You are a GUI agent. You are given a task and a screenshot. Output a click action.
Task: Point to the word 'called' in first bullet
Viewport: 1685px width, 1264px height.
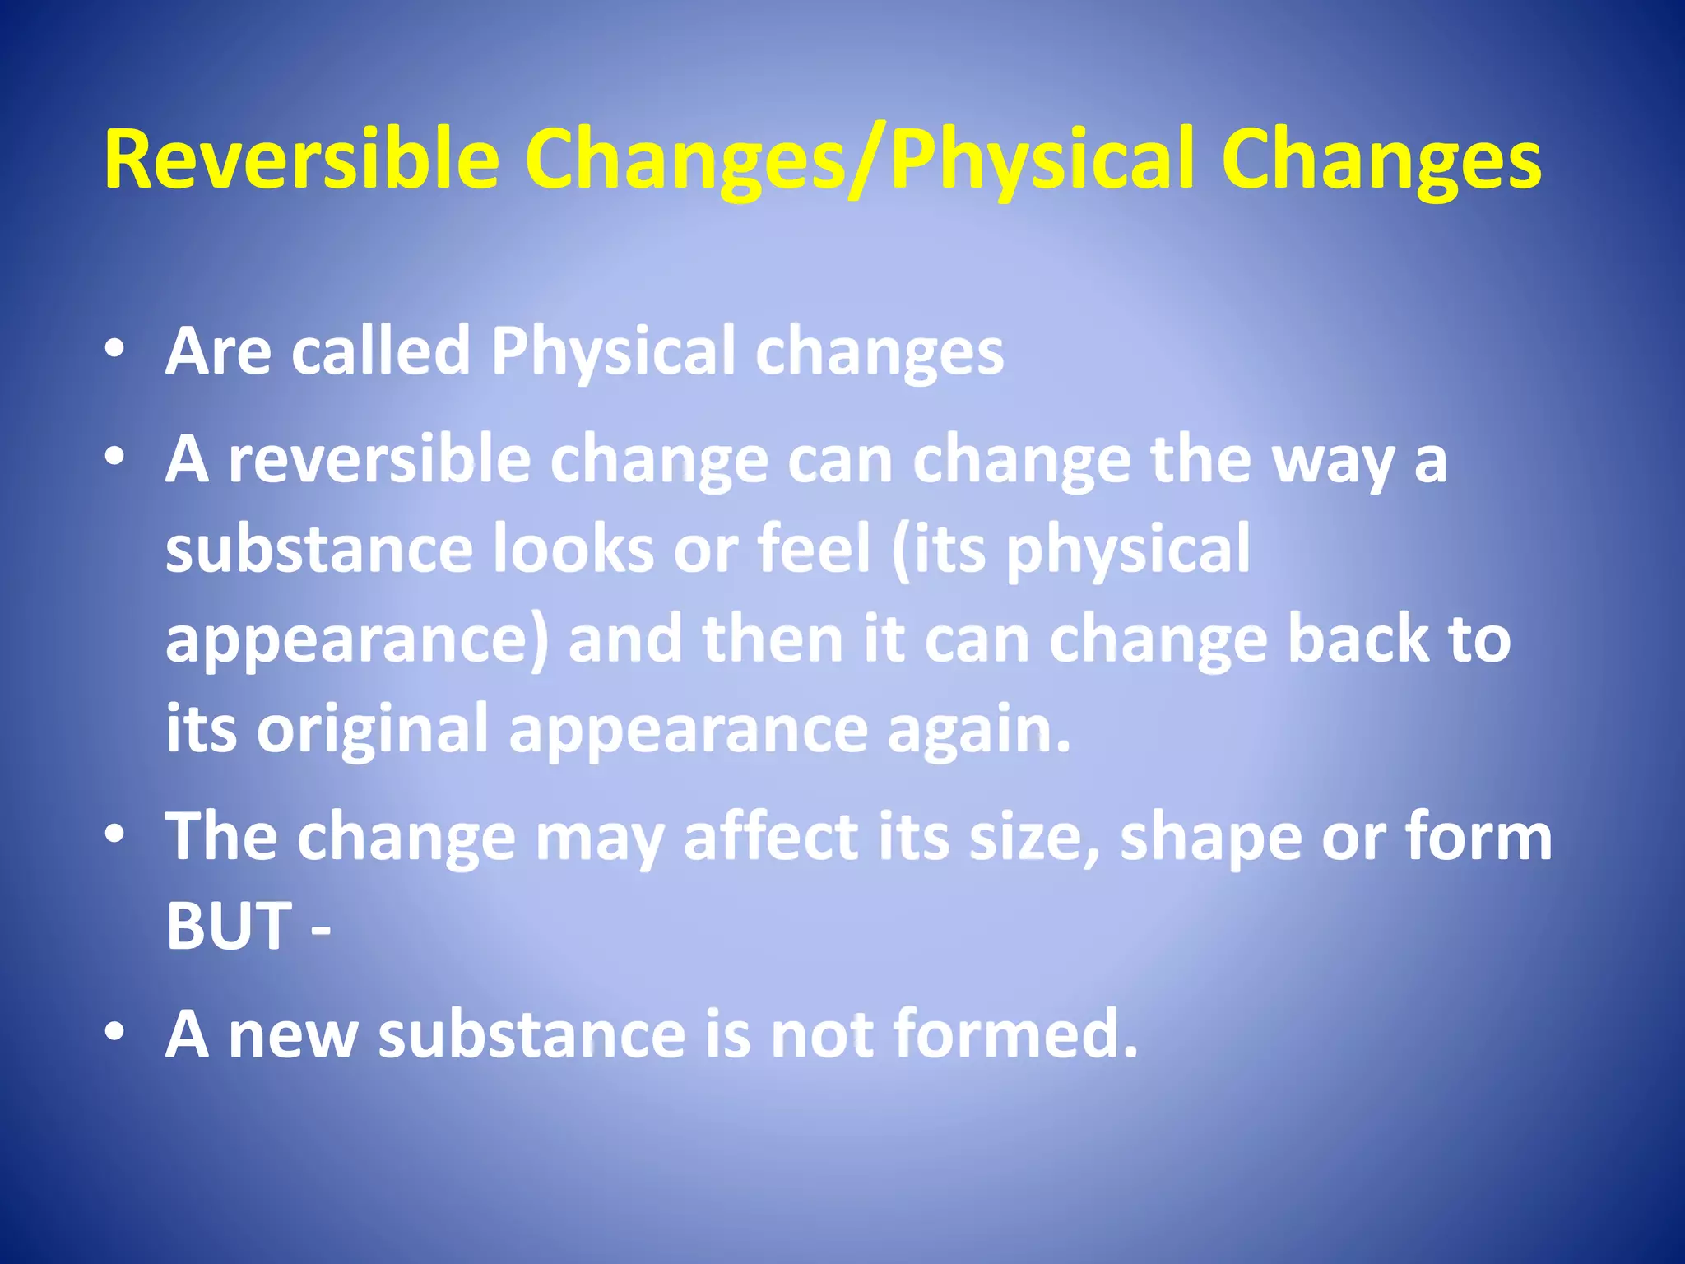pos(380,352)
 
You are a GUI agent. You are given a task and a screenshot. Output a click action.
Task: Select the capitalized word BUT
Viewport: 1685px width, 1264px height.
pos(229,926)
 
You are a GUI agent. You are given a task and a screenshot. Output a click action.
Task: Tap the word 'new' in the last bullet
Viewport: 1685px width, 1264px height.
pos(292,1034)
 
